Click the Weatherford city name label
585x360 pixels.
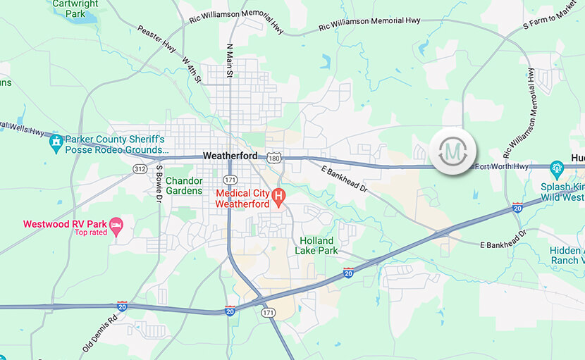[x=230, y=156]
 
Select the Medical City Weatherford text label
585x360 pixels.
[x=242, y=198]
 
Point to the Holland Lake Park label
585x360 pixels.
[x=316, y=245]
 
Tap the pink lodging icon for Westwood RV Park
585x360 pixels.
[x=116, y=226]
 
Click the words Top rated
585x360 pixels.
[x=90, y=232]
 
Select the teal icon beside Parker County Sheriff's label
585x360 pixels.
[x=55, y=142]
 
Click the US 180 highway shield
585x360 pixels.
[x=273, y=157]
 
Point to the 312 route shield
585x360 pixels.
[x=140, y=168]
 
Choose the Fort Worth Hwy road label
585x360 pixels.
[x=501, y=166]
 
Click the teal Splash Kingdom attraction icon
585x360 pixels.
[x=557, y=168]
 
